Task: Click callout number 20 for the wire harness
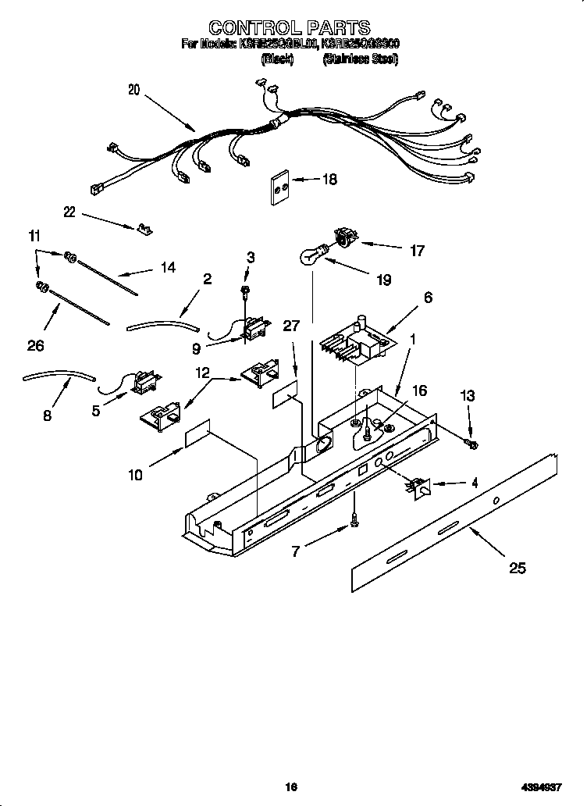tap(133, 90)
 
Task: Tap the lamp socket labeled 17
tap(343, 237)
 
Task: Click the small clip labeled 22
tap(142, 228)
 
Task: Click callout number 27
tap(290, 326)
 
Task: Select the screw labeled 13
tap(471, 444)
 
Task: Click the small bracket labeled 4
tap(417, 488)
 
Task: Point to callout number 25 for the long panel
tap(517, 568)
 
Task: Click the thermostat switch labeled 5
tap(142, 382)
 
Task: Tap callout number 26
tap(36, 345)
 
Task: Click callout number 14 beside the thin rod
tap(168, 268)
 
